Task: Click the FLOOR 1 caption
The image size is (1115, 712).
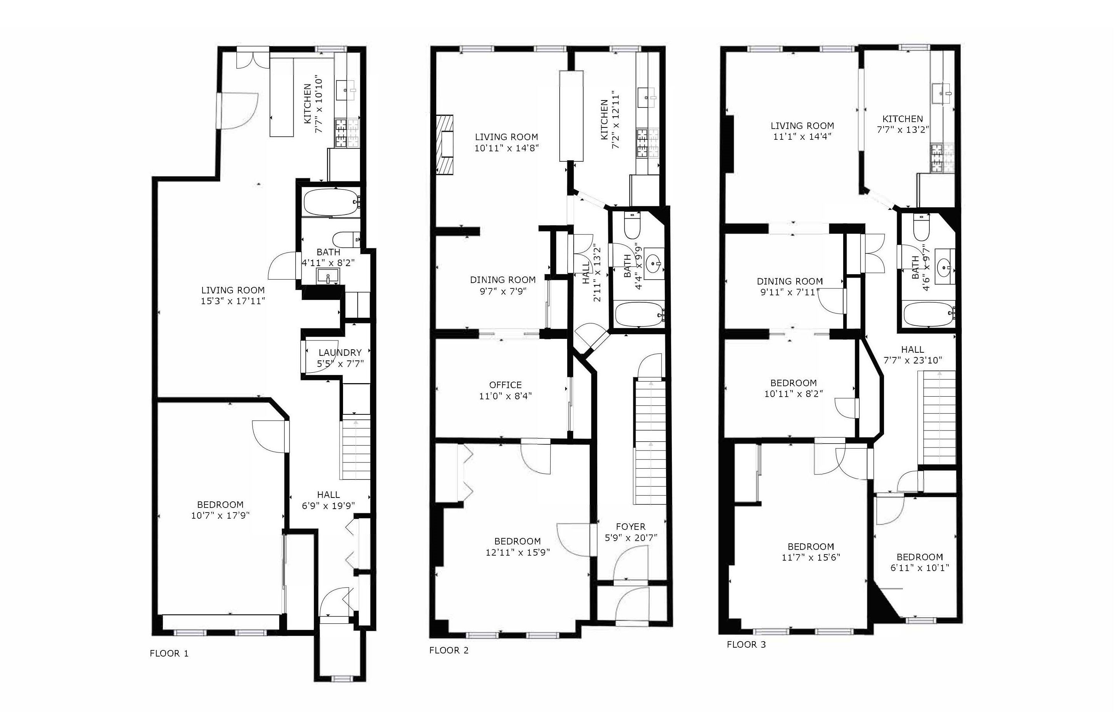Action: (x=169, y=653)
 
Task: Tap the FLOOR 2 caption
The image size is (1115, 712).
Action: (x=449, y=650)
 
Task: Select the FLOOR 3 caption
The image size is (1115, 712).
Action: (x=746, y=644)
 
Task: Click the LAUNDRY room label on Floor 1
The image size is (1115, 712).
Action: (x=340, y=352)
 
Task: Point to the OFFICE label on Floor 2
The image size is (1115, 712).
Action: (x=505, y=385)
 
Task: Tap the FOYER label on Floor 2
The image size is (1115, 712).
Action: (x=631, y=527)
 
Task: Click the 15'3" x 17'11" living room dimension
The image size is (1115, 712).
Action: (x=233, y=301)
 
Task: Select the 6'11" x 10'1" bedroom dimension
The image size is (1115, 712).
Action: (x=919, y=568)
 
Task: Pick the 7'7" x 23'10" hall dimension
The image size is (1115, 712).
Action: (x=912, y=360)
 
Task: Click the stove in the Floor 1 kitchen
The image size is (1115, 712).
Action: (x=347, y=133)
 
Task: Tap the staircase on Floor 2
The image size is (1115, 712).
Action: (x=651, y=441)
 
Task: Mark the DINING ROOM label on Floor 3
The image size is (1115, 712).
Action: (x=790, y=281)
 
